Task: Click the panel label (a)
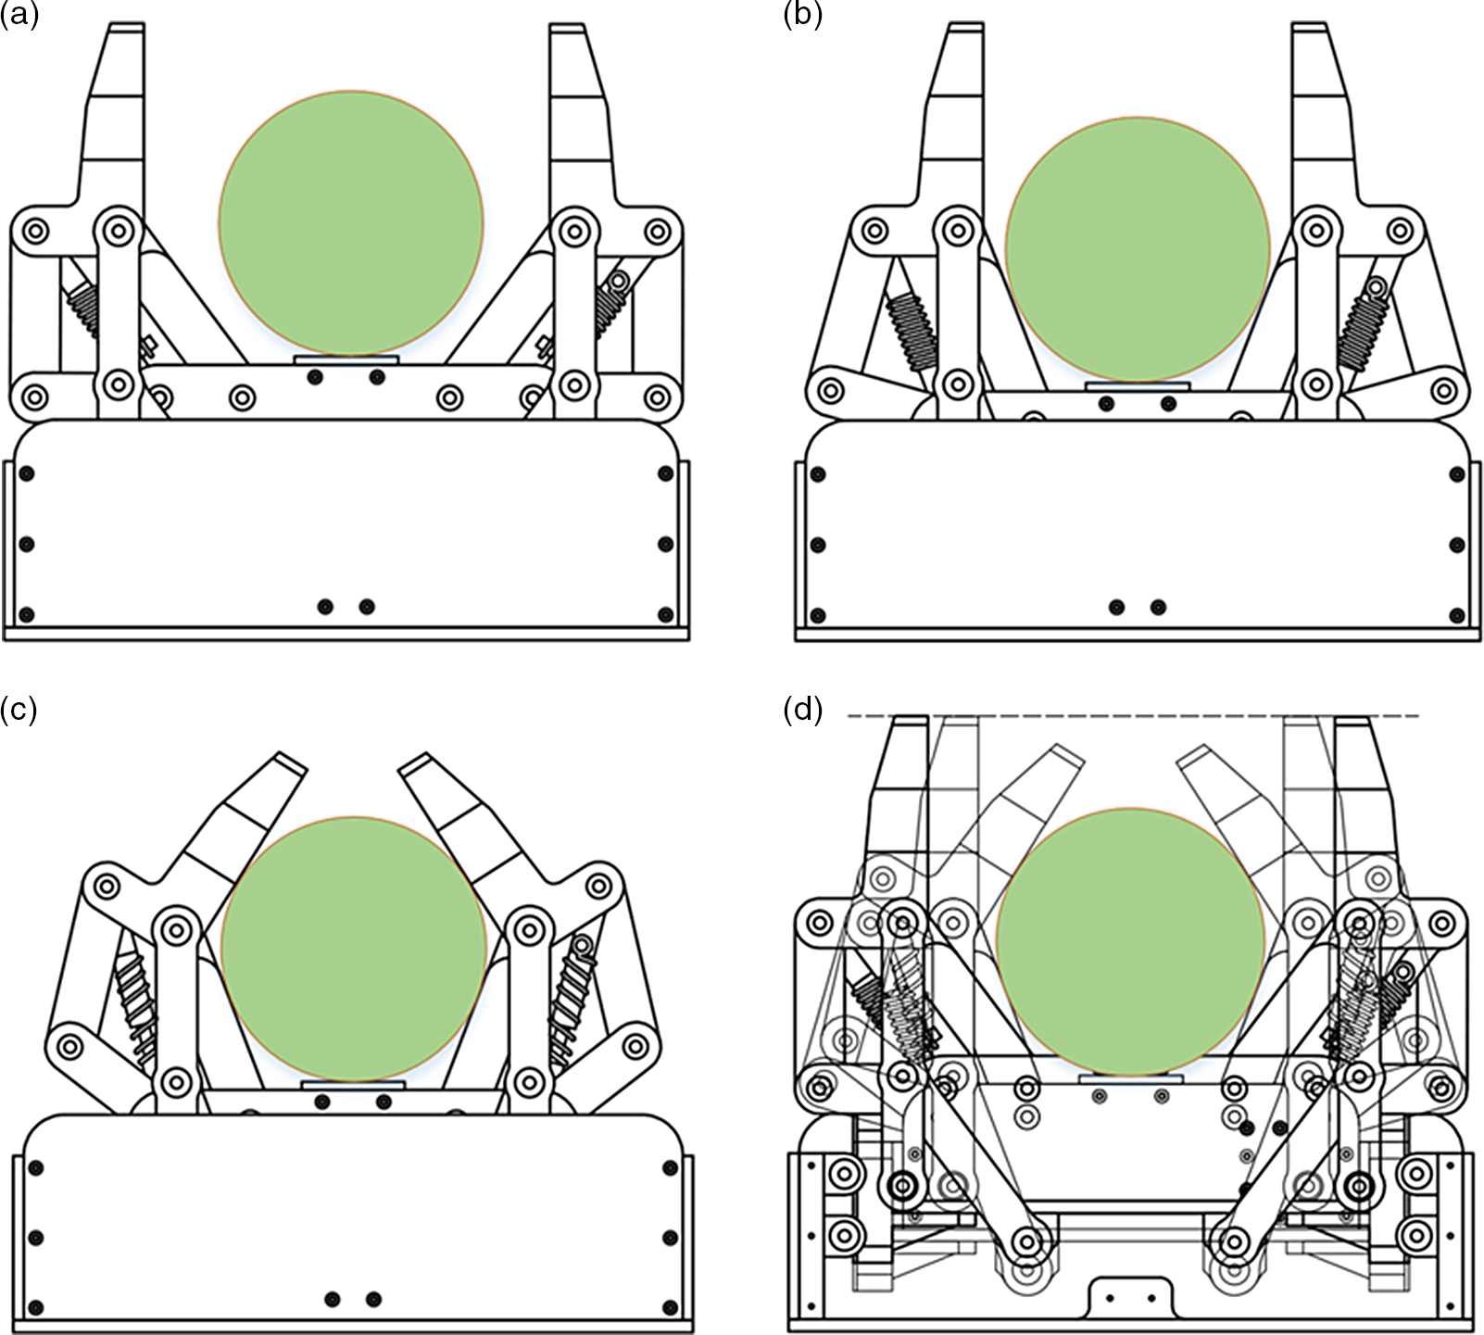tap(19, 16)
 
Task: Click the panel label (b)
tap(802, 16)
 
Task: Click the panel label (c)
tap(19, 711)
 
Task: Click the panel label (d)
tap(802, 711)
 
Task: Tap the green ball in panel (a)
tap(351, 223)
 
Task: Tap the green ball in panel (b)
tap(1137, 248)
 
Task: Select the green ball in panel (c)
tap(353, 950)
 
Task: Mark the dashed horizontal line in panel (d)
tap(1130, 716)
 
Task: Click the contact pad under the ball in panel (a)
tap(346, 359)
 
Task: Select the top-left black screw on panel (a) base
tap(27, 474)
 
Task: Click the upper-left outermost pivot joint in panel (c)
tap(107, 887)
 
